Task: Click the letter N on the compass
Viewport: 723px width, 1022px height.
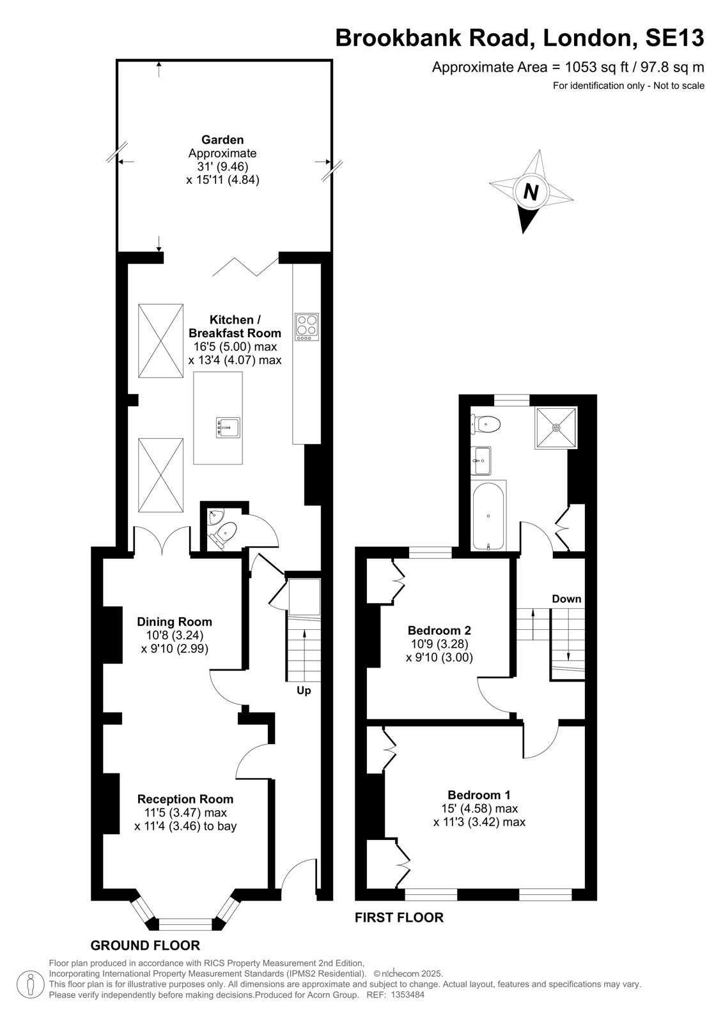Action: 530,192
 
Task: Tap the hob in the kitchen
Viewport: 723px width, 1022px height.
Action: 306,326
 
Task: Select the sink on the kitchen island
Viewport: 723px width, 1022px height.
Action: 228,427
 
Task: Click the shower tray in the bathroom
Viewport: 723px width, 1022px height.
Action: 556,427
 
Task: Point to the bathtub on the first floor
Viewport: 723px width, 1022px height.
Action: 488,516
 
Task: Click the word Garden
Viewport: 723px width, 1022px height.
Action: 222,140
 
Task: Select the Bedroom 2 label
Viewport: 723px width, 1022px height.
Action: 439,630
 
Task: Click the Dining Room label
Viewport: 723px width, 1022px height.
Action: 175,622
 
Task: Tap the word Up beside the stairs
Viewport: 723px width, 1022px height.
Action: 304,690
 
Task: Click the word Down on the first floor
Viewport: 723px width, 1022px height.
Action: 566,599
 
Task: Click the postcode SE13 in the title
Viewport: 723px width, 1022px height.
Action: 674,38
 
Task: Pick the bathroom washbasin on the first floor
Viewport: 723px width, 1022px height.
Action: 481,461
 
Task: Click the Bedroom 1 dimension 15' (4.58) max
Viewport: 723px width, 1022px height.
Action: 479,809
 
